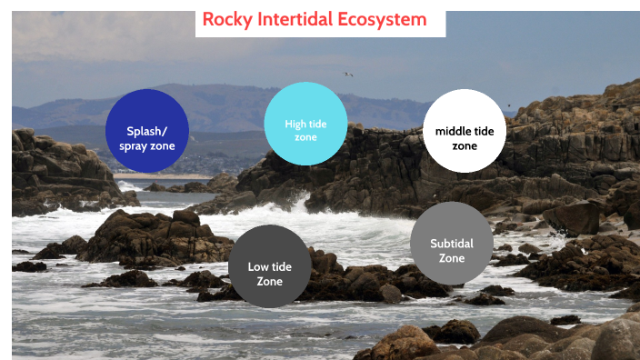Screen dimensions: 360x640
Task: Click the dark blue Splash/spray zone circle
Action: [147, 130]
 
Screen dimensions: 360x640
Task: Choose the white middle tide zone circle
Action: [465, 131]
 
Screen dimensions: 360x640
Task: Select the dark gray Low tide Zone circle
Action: [270, 266]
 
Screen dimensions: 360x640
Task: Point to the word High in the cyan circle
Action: [295, 124]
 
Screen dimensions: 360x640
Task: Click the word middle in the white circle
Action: [453, 131]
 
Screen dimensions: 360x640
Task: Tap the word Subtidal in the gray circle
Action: [452, 244]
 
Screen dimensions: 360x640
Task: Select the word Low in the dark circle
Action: [257, 266]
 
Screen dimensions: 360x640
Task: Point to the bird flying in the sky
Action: [347, 74]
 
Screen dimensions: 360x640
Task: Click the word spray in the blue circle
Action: [135, 145]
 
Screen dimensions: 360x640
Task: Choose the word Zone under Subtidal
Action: [452, 258]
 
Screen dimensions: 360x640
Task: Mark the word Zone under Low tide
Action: [270, 281]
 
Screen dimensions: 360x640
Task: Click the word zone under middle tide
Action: [465, 145]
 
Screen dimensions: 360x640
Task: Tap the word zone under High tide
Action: [305, 137]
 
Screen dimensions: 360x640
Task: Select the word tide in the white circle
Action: [485, 131]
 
